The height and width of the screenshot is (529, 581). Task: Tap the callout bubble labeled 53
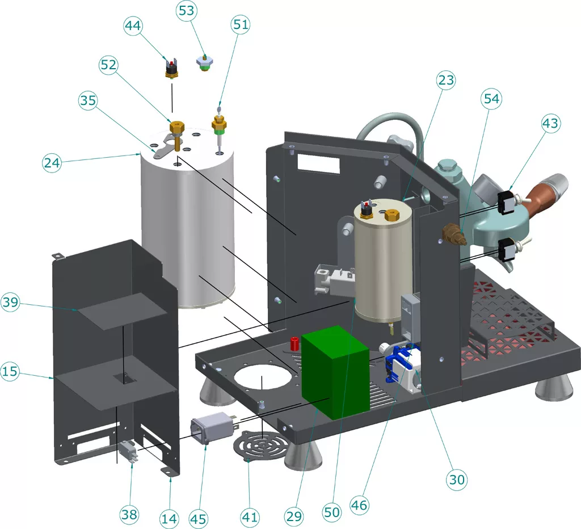coord(188,11)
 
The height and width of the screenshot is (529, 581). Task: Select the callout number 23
coord(446,81)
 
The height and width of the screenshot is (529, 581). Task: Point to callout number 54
coord(491,99)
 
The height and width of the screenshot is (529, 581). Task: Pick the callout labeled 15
coord(10,372)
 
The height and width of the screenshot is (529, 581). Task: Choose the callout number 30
coord(457,480)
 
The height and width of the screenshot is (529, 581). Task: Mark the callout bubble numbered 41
coord(250,517)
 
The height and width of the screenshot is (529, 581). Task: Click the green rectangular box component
coord(335,372)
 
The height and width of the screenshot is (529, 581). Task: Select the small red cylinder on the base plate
coord(295,343)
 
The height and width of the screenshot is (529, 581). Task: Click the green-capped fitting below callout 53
coord(204,61)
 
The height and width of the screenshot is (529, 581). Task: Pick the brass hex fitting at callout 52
coord(177,125)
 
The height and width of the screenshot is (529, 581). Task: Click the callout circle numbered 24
coord(52,162)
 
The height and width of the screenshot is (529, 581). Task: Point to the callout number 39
coord(11,303)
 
